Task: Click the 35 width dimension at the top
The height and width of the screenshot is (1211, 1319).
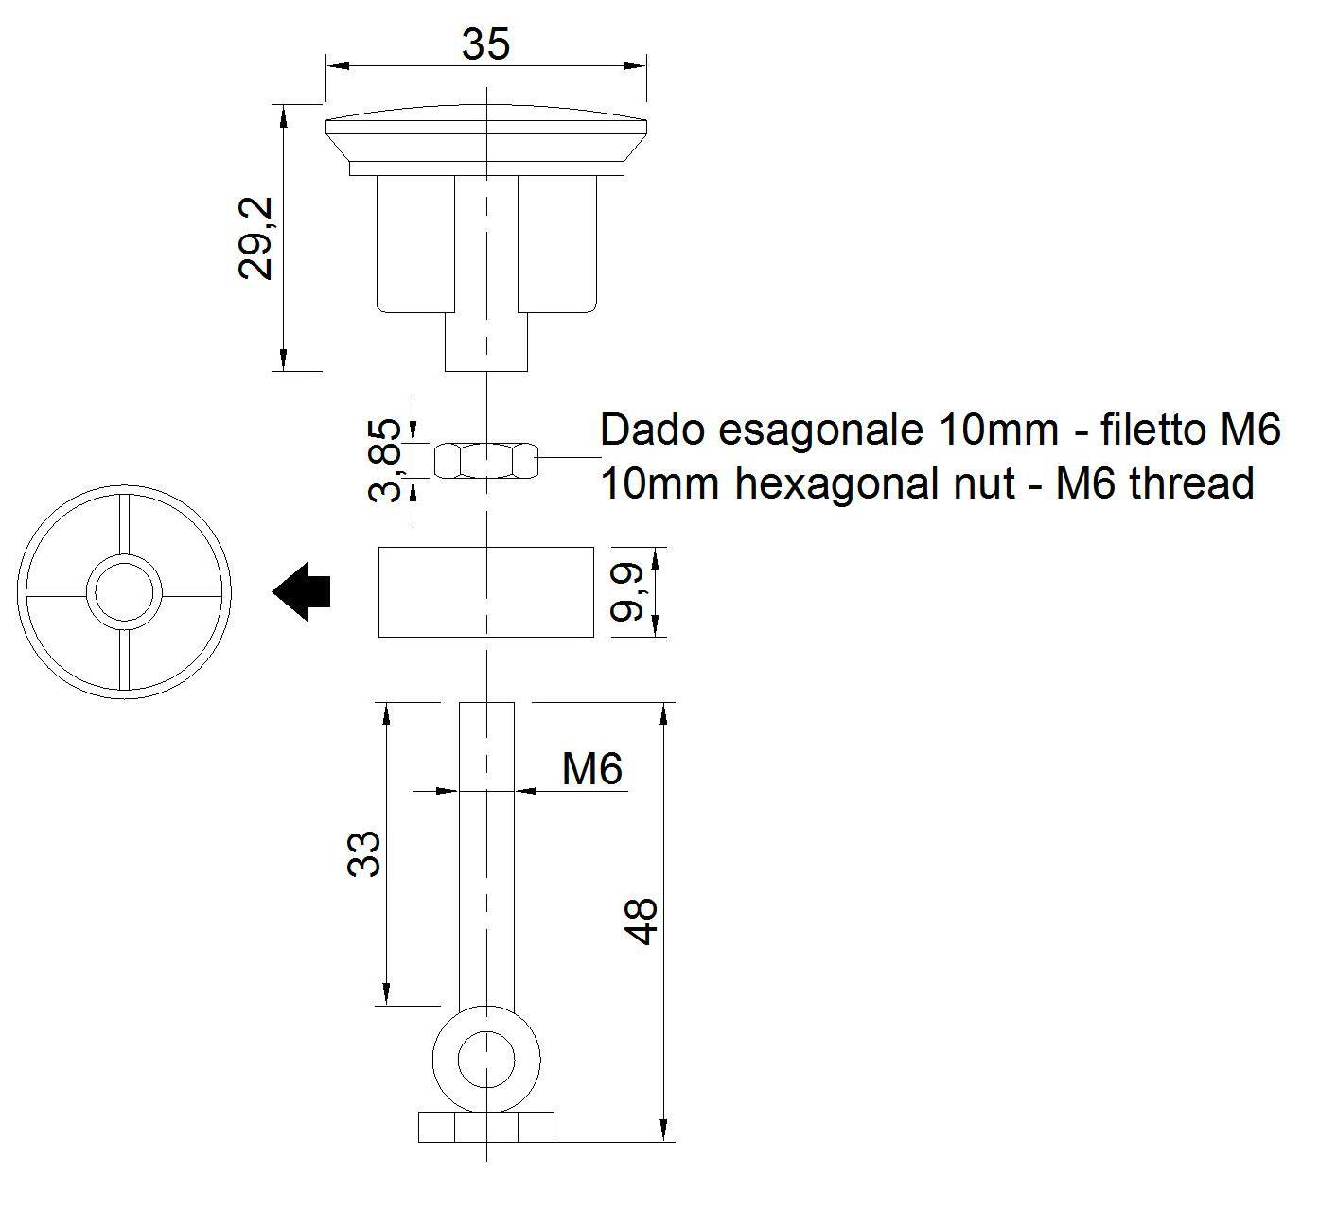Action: tap(485, 44)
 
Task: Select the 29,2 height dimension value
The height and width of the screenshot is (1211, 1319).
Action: tap(255, 237)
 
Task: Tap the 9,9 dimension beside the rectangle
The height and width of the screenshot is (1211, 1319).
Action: tap(627, 591)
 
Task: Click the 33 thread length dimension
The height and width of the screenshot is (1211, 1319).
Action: tap(364, 853)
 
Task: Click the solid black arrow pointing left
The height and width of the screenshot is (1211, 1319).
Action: tap(302, 592)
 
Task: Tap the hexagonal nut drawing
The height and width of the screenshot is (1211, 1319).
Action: tap(485, 460)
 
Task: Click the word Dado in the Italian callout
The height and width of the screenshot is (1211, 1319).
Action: tap(654, 430)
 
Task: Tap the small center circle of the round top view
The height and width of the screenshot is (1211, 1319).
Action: tap(124, 592)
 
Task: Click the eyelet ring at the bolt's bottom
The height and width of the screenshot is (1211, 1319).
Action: tap(486, 1056)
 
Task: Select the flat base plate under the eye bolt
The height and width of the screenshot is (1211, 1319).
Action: tap(485, 1127)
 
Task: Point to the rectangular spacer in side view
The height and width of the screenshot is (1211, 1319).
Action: tap(485, 591)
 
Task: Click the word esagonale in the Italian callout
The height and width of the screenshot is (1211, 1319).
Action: tap(820, 430)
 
